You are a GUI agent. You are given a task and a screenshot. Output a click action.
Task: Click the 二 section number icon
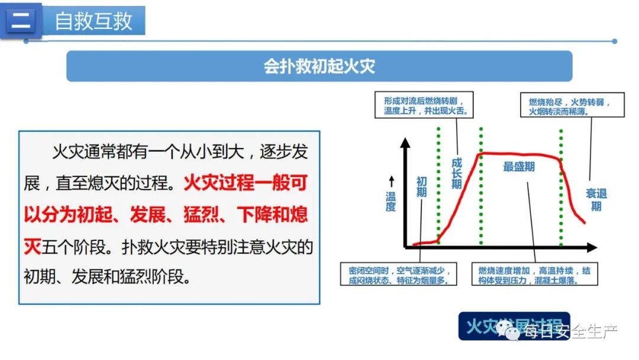pos(21,21)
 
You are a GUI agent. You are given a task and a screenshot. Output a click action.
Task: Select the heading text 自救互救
pos(93,21)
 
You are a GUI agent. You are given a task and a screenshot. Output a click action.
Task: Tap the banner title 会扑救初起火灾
pos(319,66)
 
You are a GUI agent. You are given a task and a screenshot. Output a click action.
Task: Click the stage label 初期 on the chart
pos(421,187)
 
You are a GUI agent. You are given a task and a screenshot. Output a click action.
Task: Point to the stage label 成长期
pos(456,173)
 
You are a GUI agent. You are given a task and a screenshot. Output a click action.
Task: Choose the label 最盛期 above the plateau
pos(519,167)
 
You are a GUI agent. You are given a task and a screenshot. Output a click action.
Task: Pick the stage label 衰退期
pos(596,200)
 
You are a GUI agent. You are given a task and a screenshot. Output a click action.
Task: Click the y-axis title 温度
pos(390,201)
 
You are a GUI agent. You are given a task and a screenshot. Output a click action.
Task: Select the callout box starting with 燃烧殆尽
pos(572,105)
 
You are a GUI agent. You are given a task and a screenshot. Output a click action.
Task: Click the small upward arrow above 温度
pos(390,180)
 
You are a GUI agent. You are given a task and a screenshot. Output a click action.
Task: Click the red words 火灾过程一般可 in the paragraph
pos(245,183)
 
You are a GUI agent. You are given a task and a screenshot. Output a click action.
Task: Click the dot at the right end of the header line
pos(615,41)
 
